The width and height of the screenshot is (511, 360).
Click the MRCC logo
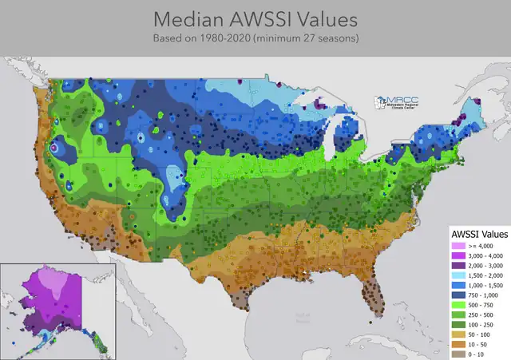click(x=399, y=104)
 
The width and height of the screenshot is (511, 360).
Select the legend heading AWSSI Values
click(x=479, y=234)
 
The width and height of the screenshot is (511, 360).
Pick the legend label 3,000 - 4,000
click(x=482, y=256)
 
